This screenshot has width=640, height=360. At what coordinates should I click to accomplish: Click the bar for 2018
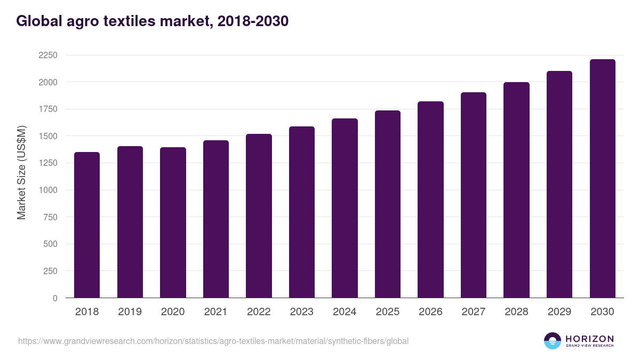[x=87, y=225]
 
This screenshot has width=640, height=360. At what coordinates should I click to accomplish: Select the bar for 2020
[x=173, y=222]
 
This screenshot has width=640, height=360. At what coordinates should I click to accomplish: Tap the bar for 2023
[x=302, y=212]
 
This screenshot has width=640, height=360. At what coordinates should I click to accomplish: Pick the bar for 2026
[x=430, y=199]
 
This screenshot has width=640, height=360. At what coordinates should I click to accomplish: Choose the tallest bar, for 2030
[x=602, y=179]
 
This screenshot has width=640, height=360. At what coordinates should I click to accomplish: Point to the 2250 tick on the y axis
[x=47, y=55]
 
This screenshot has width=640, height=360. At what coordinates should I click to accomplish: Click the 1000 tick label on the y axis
[x=47, y=190]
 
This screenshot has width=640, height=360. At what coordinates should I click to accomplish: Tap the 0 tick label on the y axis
[x=55, y=298]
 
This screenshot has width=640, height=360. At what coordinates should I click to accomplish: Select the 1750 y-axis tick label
[x=47, y=109]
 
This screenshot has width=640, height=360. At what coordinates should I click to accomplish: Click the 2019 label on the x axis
[x=130, y=312]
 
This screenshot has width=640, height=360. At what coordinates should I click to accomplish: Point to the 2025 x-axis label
[x=387, y=312]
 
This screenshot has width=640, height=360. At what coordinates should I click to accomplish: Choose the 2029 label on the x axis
[x=559, y=312]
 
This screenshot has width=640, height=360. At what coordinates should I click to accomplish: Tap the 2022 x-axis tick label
[x=259, y=312]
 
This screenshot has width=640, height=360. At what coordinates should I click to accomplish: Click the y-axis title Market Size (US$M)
[x=21, y=172]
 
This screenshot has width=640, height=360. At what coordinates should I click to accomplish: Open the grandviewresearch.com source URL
[x=213, y=341]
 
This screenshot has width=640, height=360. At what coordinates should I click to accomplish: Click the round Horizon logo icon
[x=552, y=341]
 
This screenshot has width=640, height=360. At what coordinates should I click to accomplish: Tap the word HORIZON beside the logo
[x=589, y=339]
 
